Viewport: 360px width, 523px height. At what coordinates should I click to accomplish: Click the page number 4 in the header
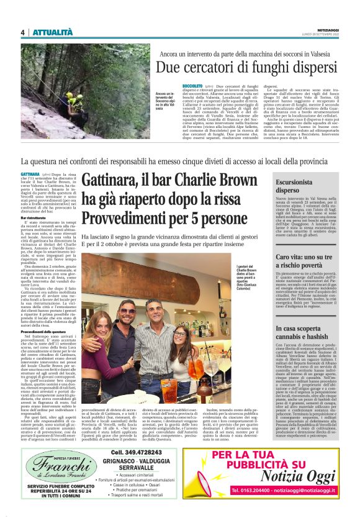tap(22, 32)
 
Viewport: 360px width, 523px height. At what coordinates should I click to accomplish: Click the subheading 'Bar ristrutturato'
tap(37, 219)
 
